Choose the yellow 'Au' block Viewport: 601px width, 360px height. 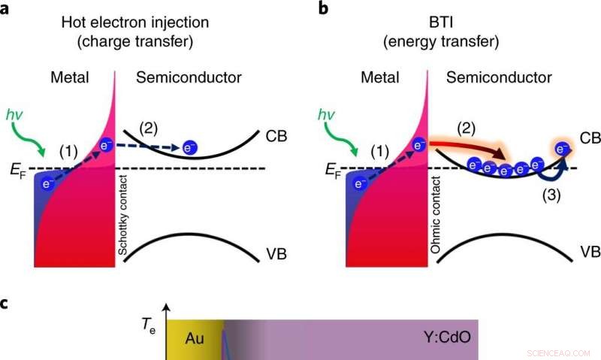pyautogui.click(x=195, y=340)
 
